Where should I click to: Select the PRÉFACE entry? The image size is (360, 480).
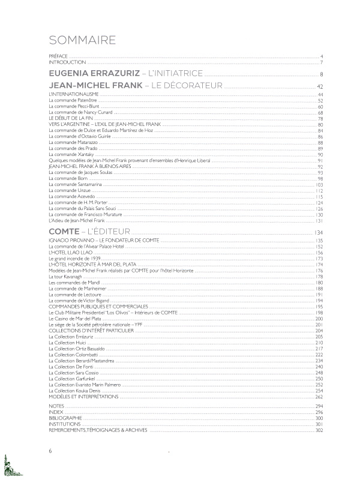click(x=58, y=56)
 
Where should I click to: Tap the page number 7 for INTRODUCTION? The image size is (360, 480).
click(x=322, y=62)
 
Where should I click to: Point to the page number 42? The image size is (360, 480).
click(x=320, y=87)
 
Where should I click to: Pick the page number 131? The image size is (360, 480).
click(x=320, y=220)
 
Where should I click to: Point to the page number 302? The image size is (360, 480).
click(x=319, y=430)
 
